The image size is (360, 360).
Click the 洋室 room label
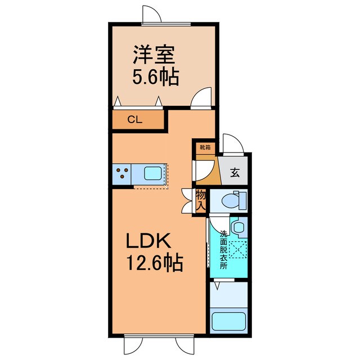(155, 56)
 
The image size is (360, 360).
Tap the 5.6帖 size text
(156, 77)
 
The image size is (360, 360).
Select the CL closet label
(134, 119)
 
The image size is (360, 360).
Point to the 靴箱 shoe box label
(204, 147)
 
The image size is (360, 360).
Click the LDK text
(147, 241)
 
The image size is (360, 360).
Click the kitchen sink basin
(152, 173)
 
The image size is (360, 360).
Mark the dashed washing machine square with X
(238, 248)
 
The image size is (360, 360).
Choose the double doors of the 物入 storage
(187, 200)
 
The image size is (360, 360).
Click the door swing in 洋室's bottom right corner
(201, 97)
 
